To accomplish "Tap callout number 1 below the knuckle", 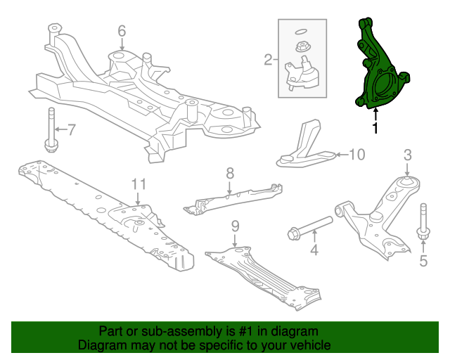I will [x=375, y=128].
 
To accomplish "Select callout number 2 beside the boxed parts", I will [x=268, y=60].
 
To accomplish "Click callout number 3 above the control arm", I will [x=406, y=155].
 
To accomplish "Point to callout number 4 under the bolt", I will [x=314, y=249].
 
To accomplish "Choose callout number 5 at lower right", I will [x=423, y=262].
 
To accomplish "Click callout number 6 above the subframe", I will [x=121, y=31].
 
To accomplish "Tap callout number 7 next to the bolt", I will [x=70, y=129].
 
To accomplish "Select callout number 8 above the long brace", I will [x=229, y=173].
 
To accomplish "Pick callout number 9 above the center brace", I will [x=235, y=226].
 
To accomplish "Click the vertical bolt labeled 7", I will [x=51, y=129].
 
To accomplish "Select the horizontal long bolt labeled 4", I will [x=309, y=226].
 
